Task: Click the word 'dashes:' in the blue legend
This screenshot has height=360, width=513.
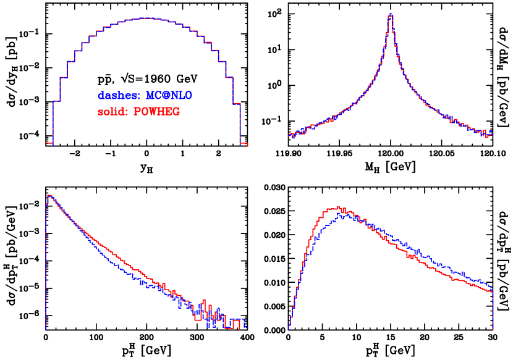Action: point(119,96)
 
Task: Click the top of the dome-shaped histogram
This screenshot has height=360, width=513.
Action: point(147,19)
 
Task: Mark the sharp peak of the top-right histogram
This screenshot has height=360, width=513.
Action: point(391,15)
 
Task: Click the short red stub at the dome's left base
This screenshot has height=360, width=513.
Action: point(49,143)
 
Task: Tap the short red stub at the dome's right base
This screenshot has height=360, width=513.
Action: point(244,144)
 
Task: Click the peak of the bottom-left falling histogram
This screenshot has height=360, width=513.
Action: point(49,196)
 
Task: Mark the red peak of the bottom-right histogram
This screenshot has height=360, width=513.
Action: point(338,207)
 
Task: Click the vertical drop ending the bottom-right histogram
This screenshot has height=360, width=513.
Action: point(493,309)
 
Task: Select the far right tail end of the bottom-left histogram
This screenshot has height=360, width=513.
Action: point(245,324)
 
